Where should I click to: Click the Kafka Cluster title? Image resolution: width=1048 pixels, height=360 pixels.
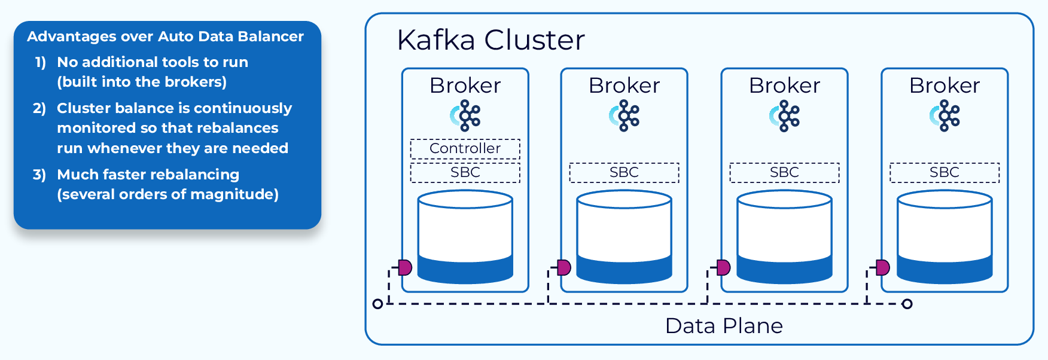tap(491, 41)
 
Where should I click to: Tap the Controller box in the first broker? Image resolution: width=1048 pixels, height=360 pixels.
tap(465, 148)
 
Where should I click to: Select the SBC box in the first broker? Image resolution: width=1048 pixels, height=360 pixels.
tap(465, 172)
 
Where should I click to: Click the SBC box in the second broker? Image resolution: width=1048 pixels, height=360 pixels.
tap(624, 172)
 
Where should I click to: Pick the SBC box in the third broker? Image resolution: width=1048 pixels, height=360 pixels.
tap(784, 172)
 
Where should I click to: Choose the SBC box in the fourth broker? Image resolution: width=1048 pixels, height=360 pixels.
tap(945, 172)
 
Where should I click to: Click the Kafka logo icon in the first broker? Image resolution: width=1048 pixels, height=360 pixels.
tap(465, 116)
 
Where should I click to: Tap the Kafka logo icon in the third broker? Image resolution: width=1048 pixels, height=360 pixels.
tap(785, 116)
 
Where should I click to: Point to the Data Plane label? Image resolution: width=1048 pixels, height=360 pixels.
tap(724, 326)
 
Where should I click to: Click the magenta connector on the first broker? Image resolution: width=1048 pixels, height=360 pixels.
tap(405, 267)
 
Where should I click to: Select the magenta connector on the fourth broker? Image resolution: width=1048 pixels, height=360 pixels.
tap(883, 267)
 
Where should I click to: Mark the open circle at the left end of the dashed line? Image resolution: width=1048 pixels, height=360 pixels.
tap(377, 304)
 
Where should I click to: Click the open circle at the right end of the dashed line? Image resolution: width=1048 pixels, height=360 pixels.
tap(907, 304)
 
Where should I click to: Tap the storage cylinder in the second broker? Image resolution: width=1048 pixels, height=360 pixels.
tap(624, 236)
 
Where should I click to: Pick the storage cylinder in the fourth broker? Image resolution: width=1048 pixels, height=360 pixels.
tap(945, 236)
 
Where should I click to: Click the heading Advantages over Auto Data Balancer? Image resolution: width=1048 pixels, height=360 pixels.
tap(165, 36)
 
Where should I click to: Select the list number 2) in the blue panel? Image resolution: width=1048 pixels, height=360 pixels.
tap(39, 108)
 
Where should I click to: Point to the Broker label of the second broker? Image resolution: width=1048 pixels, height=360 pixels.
tap(624, 86)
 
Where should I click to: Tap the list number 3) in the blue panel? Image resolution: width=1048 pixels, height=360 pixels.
tap(39, 175)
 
